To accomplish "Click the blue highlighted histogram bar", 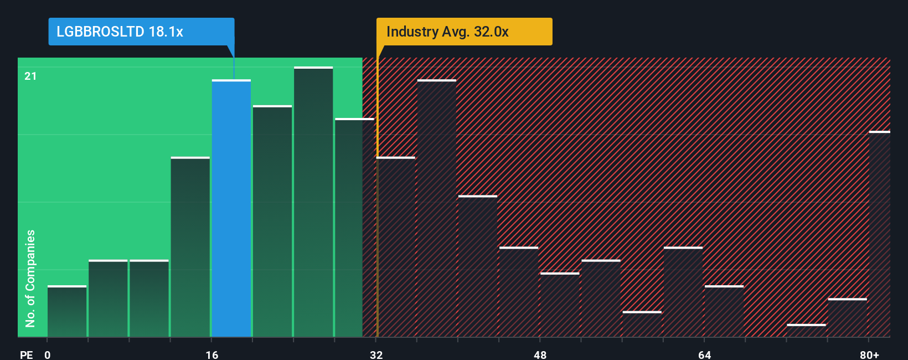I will pos(231,208).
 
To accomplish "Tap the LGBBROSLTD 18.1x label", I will pos(120,32).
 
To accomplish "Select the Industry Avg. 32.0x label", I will pos(447,32).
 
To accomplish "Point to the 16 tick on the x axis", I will pos(211,354).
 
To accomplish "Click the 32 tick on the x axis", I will pos(376,354).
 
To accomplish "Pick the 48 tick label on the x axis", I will pos(540,354).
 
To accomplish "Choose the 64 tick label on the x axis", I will pos(704,354).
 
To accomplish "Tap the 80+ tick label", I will pos(869,354).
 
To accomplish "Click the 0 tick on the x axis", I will pos(48,354).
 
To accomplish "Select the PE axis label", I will pos(26,354).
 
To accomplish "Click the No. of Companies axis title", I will pos(30,278).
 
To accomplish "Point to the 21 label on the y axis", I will pos(30,76).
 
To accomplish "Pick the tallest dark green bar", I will pos(313,202).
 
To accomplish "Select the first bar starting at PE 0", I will pos(67,311).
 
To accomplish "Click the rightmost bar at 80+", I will pos(879,234).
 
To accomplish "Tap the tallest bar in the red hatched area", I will pos(437,208).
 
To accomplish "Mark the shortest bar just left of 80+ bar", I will pos(806,331).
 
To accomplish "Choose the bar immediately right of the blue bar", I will pos(272,221).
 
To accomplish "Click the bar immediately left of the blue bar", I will pos(190,247).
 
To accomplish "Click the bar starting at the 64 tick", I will pos(724,311).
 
